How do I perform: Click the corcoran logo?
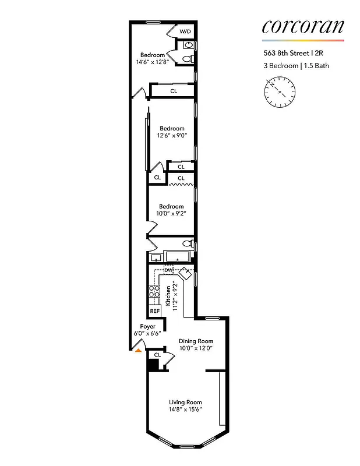click(x=303, y=26)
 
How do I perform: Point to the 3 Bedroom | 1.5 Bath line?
click(x=295, y=66)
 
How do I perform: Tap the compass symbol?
click(x=280, y=93)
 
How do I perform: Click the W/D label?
click(x=185, y=31)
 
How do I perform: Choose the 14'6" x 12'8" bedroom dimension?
click(x=153, y=62)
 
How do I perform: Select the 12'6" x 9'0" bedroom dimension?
click(x=172, y=136)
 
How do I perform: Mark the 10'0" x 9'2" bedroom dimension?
click(x=171, y=214)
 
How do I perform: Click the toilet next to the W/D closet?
click(x=186, y=58)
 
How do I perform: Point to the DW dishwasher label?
click(x=168, y=270)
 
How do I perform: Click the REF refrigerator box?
click(x=155, y=311)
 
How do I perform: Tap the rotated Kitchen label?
click(x=171, y=295)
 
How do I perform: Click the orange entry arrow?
click(x=138, y=349)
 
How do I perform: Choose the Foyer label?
click(x=148, y=327)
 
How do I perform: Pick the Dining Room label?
click(x=196, y=341)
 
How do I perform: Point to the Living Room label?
click(x=185, y=403)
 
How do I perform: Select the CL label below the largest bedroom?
click(x=174, y=91)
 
